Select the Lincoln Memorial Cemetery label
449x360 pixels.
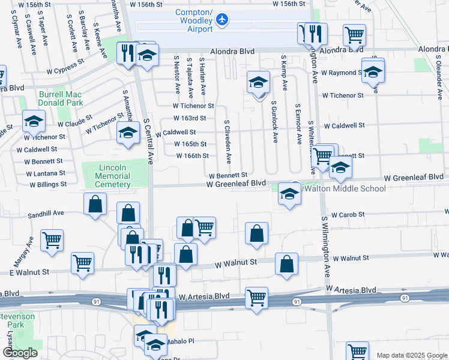pos(113,176)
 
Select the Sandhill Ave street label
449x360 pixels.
pos(46,213)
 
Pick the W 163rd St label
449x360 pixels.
pos(190,118)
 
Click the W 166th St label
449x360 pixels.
pos(192,156)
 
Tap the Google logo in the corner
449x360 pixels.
pos(20,353)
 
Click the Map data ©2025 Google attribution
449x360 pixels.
pos(412,355)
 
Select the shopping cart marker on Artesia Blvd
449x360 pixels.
pos(257,298)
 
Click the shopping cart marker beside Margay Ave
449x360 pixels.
pos(52,240)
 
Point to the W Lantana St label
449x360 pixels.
pos(45,172)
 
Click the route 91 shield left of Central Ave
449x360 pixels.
pos(96,301)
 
